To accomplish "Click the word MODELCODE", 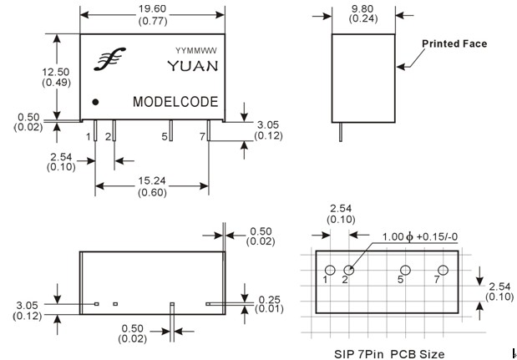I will pyautogui.click(x=175, y=102).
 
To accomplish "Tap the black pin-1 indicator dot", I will pyautogui.click(x=96, y=102).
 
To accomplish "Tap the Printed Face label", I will pyautogui.click(x=454, y=43).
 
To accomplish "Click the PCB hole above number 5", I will pyautogui.click(x=405, y=270).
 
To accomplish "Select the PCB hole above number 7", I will pyautogui.click(x=444, y=270).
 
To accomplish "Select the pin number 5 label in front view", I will pyautogui.click(x=164, y=134).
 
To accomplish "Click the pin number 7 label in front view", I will pyautogui.click(x=201, y=134).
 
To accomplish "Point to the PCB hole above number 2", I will pyautogui.click(x=349, y=270).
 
